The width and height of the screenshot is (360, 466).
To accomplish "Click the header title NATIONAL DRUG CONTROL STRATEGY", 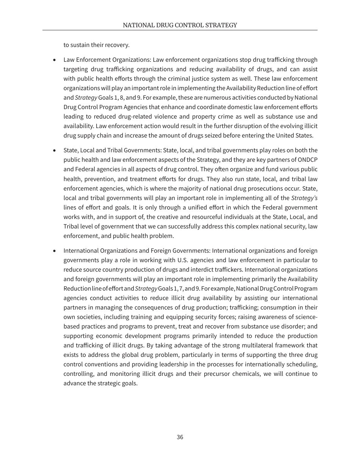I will coord(180,25).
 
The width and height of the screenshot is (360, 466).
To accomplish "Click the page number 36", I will coord(180,437).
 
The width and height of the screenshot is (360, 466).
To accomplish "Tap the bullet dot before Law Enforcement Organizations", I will coord(55,60).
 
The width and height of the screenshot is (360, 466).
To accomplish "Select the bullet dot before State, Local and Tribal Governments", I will coord(55,151).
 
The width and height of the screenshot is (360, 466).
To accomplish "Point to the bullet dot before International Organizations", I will coord(55,251).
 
